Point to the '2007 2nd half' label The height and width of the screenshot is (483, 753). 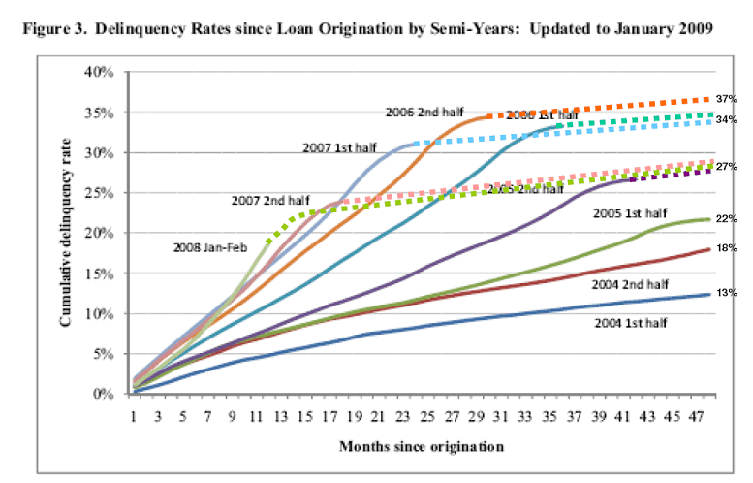(265, 201)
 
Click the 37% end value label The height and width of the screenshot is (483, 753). (729, 98)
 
